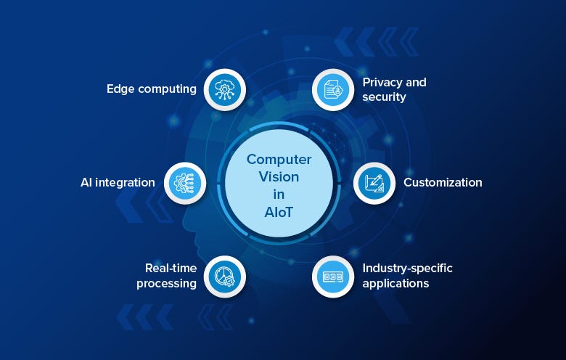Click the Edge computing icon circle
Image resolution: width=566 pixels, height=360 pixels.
click(224, 89)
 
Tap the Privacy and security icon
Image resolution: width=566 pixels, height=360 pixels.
click(333, 89)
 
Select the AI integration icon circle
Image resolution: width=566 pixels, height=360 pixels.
click(185, 182)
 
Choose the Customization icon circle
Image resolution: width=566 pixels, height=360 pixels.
click(374, 182)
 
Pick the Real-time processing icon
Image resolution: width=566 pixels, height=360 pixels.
click(224, 276)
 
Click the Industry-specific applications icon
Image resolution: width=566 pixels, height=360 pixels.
click(333, 276)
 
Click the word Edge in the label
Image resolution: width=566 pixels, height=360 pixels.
click(120, 89)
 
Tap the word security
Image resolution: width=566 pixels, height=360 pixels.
click(385, 97)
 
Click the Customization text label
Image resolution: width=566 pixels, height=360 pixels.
click(443, 182)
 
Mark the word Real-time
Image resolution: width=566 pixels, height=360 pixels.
click(171, 269)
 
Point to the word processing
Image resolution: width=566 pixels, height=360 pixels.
click(166, 283)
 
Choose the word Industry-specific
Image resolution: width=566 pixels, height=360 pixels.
click(408, 269)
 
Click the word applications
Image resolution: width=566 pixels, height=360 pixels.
click(396, 283)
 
